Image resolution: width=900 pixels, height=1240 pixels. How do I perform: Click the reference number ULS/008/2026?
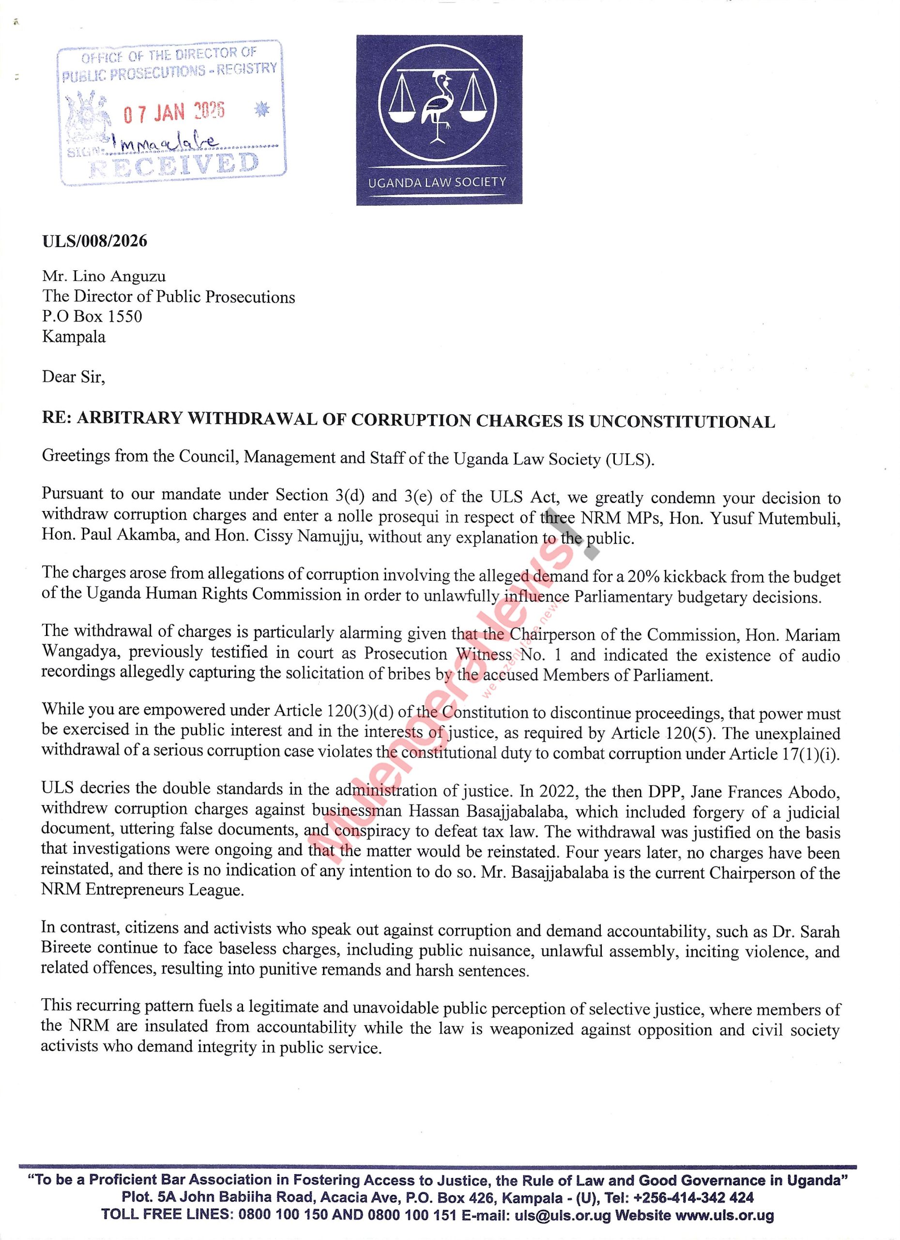[x=94, y=241]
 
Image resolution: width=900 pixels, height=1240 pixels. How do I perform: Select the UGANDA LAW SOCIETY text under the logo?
[x=438, y=182]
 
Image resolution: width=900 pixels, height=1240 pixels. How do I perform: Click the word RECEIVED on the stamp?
[x=173, y=165]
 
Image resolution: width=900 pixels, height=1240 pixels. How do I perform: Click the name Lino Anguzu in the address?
[x=121, y=277]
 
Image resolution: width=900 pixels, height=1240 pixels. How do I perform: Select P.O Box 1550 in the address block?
[x=92, y=317]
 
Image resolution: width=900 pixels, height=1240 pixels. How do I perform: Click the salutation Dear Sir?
[x=73, y=377]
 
